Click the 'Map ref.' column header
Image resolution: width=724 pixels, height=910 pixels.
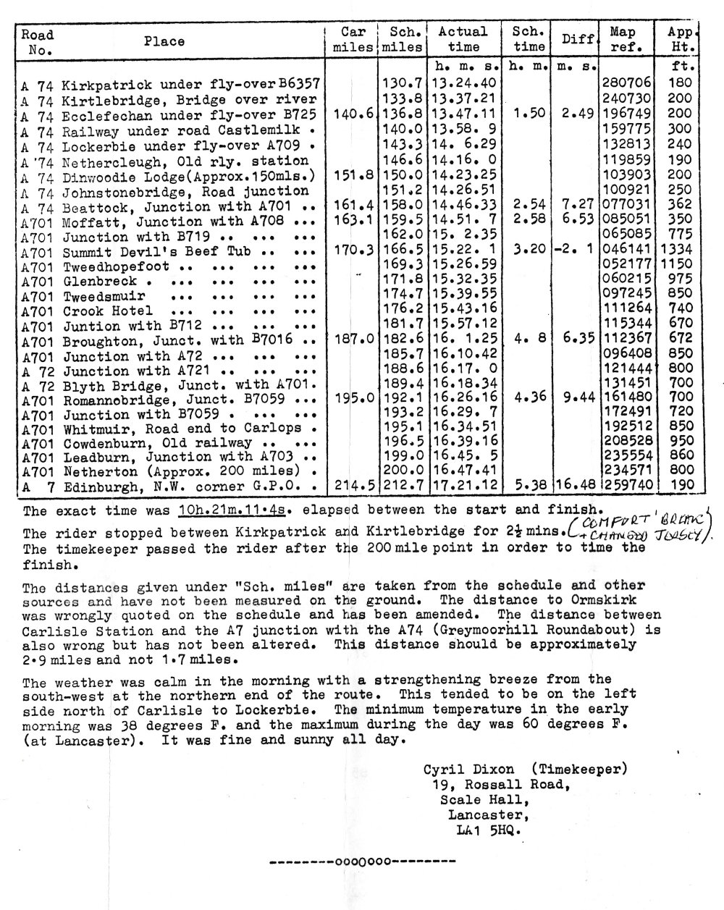coord(623,39)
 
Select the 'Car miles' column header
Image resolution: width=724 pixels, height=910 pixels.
coord(353,39)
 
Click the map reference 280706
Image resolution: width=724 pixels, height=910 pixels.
coord(627,83)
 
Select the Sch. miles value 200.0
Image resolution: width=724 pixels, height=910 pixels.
coord(401,471)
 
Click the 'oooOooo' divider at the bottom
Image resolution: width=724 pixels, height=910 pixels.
coord(362,862)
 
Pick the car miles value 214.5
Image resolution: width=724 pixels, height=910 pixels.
coord(353,485)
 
